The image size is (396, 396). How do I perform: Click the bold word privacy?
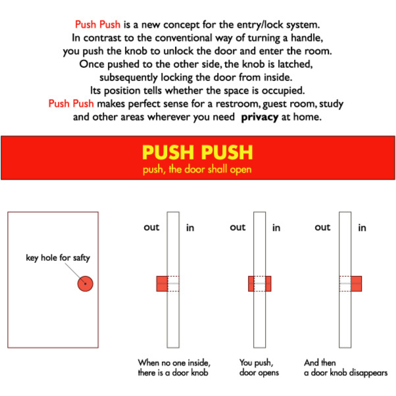tap(260, 117)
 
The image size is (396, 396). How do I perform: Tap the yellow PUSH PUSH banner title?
tap(197, 152)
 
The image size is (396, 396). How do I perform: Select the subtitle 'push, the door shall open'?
tap(197, 169)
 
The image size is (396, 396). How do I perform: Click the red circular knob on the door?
tap(86, 283)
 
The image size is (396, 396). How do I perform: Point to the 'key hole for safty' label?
tap(58, 258)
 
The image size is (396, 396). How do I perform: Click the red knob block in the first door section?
tap(162, 283)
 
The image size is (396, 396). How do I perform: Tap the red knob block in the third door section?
tap(356, 283)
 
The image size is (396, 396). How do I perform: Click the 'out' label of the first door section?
tap(151, 227)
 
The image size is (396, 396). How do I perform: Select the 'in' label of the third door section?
tap(362, 228)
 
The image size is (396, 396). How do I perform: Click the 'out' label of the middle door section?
tap(237, 227)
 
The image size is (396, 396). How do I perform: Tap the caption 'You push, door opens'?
tap(259, 368)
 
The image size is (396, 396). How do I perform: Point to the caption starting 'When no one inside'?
tap(174, 368)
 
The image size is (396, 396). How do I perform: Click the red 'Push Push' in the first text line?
tap(98, 24)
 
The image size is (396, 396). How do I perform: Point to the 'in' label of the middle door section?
tap(276, 228)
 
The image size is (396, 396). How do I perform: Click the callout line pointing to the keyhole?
tap(74, 273)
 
